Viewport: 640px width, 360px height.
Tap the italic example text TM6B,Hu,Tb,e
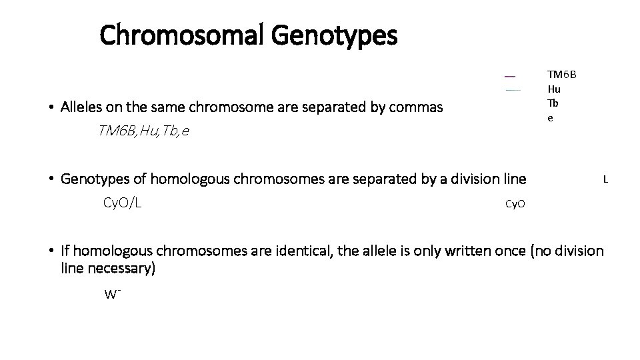click(x=143, y=131)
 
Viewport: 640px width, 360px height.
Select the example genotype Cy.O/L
click(x=122, y=202)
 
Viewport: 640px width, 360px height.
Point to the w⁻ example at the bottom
click(x=111, y=293)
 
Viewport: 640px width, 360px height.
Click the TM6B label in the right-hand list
click(x=562, y=74)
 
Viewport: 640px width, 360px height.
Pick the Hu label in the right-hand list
click(x=554, y=89)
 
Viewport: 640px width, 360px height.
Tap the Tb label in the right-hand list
click(x=553, y=103)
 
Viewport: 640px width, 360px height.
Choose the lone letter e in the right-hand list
click(x=550, y=117)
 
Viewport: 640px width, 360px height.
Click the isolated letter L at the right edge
click(x=605, y=179)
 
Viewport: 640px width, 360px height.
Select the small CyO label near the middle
click(x=515, y=203)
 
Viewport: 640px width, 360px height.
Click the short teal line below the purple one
click(x=512, y=89)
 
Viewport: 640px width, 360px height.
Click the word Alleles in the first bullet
click(x=82, y=107)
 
